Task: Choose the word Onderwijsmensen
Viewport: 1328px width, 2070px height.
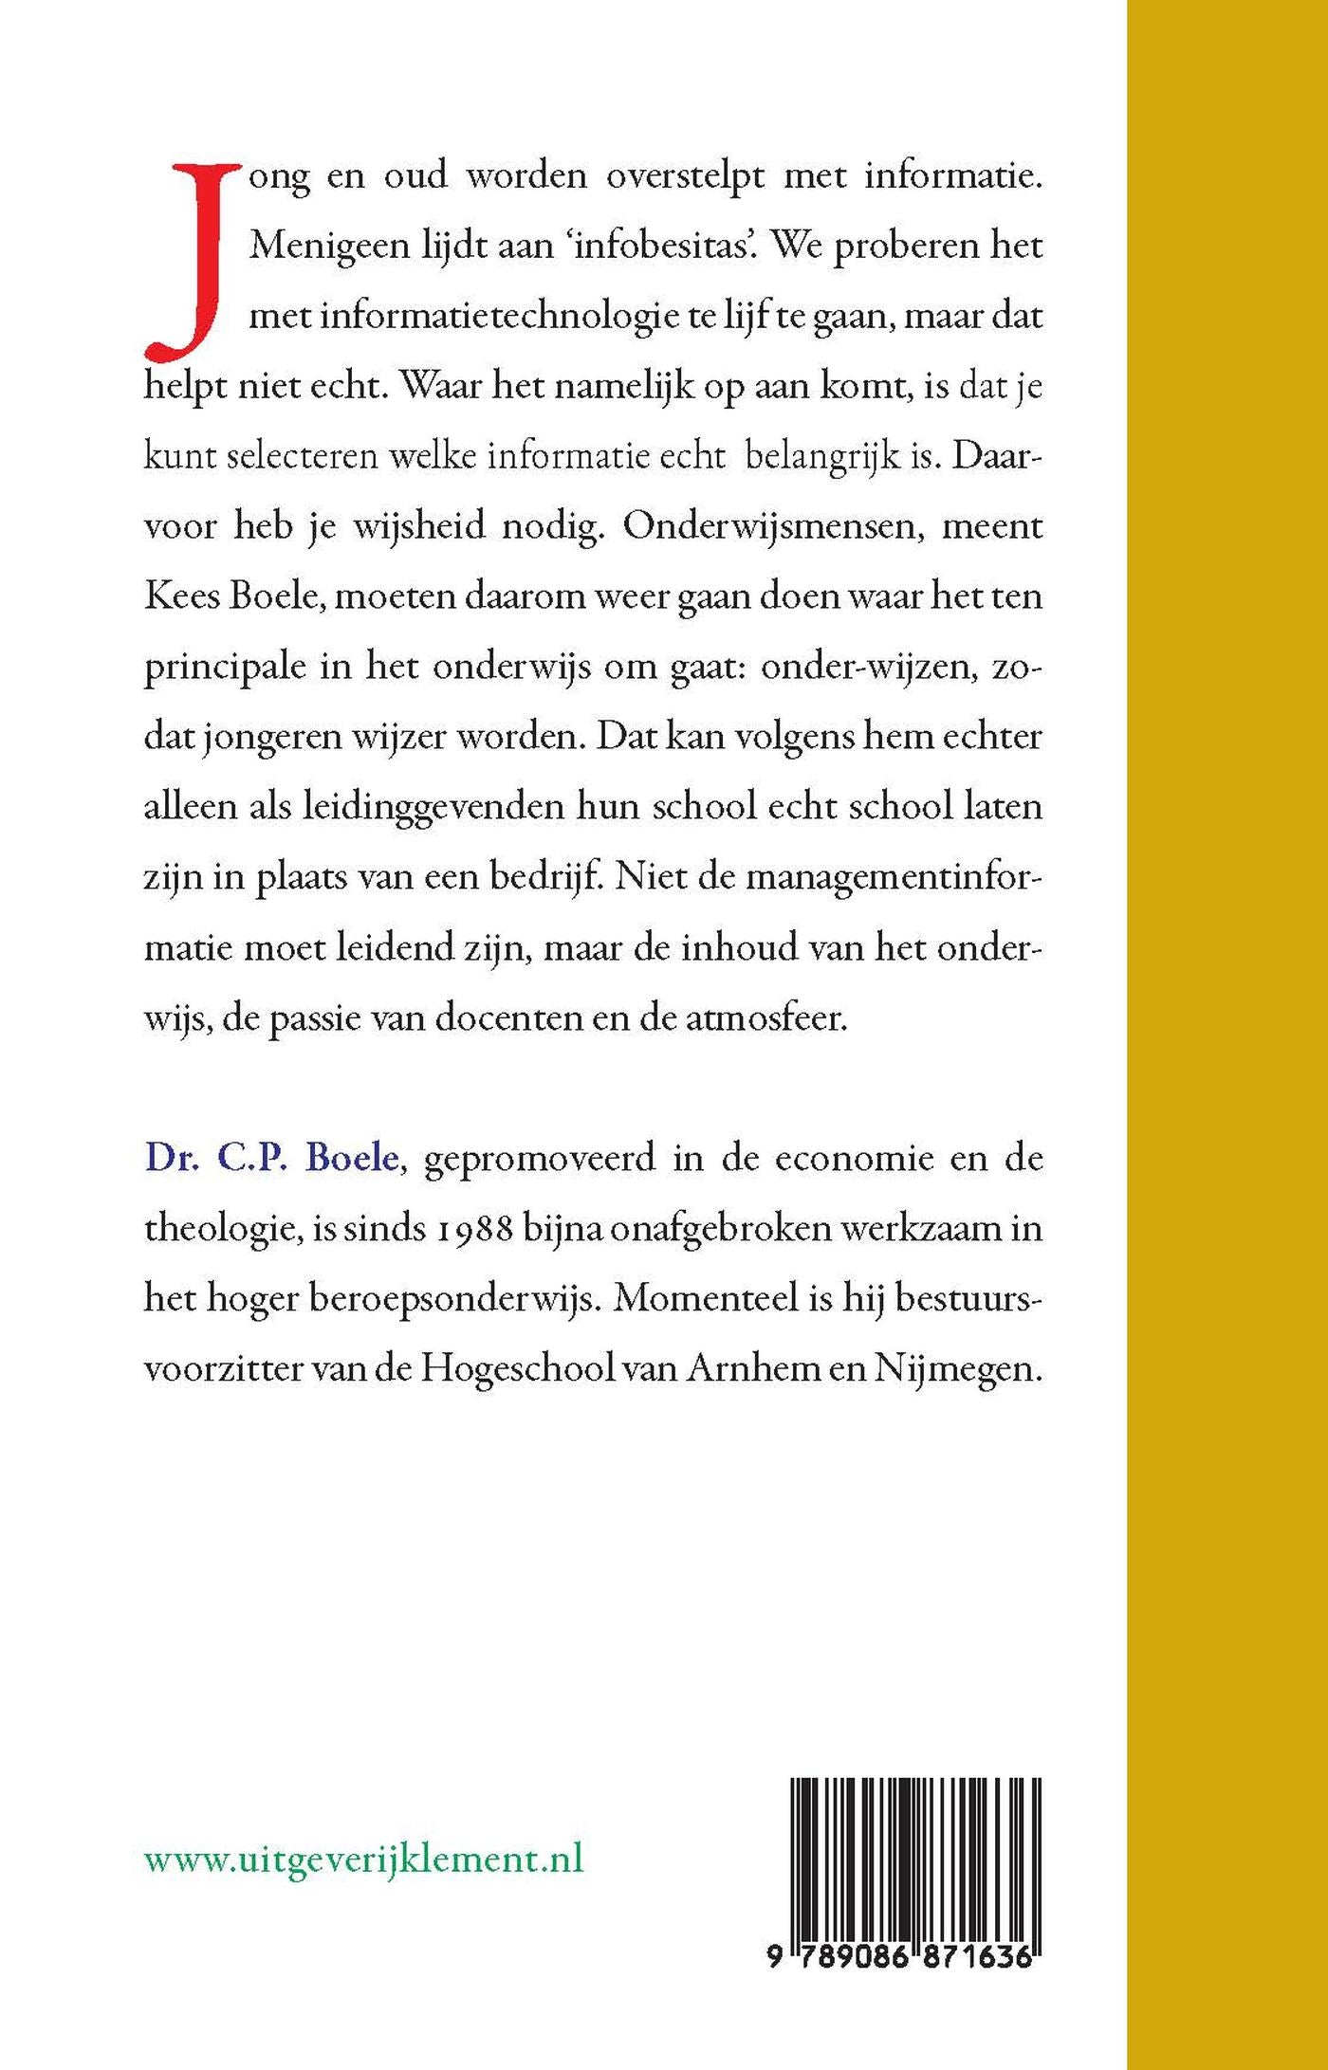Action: tap(773, 525)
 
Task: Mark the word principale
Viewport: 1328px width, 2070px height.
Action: tap(225, 668)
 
